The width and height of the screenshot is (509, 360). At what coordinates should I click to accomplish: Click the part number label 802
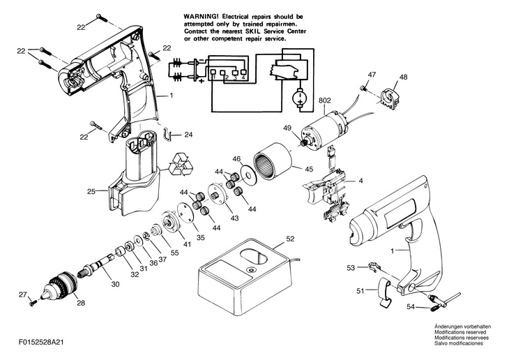325,100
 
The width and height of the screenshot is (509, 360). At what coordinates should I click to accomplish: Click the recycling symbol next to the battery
181,165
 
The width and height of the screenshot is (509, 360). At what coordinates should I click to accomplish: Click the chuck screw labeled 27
33,303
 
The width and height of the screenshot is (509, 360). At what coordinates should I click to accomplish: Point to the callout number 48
403,77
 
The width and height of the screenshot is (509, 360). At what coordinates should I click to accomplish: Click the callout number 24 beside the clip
188,135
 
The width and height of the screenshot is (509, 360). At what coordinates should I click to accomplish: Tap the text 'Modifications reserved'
460,332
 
